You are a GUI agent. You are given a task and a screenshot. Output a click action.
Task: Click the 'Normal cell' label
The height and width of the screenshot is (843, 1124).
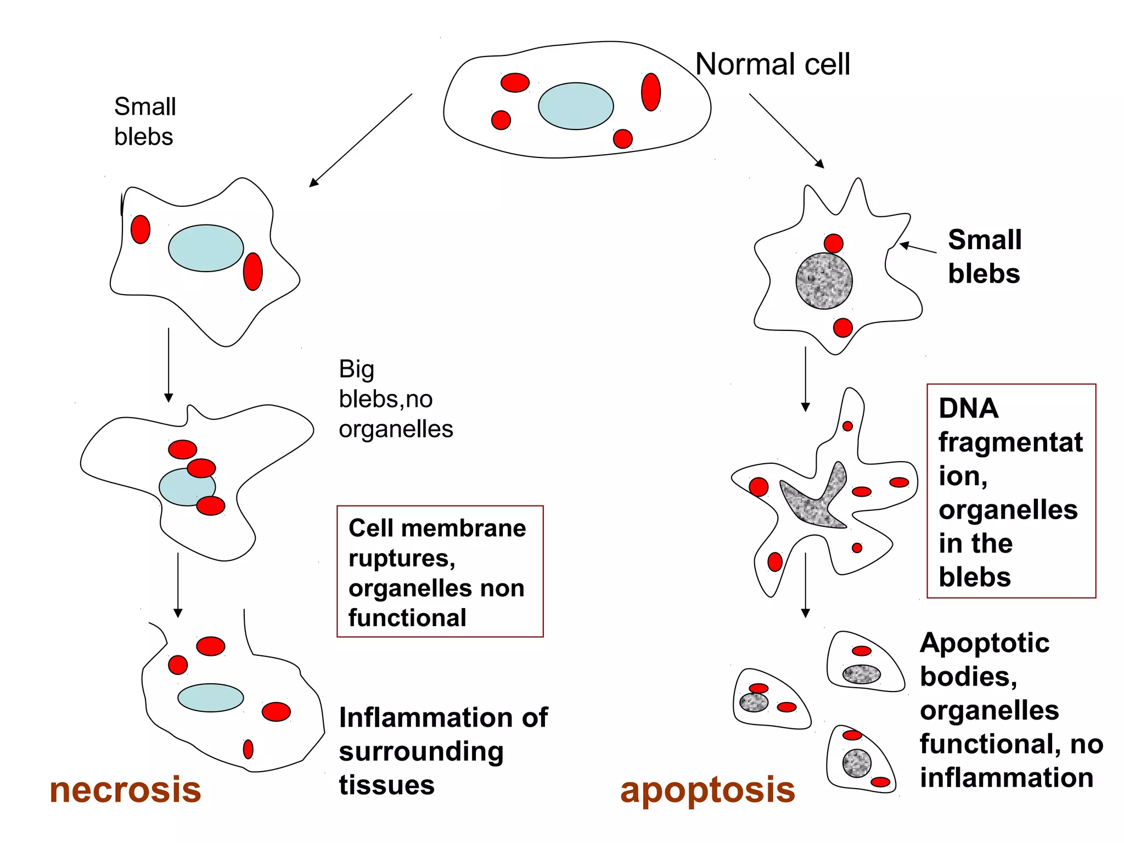772,64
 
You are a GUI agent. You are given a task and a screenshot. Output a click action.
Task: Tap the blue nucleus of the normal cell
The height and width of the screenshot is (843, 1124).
575,106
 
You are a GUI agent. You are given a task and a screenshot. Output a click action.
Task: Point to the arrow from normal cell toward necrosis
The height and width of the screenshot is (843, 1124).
360,140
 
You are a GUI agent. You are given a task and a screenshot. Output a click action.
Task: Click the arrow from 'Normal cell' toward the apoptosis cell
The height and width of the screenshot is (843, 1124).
786,131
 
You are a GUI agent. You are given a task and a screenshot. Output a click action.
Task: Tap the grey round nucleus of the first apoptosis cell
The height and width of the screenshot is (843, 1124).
824,280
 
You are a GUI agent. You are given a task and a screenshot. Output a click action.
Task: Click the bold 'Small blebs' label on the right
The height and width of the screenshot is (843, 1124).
984,256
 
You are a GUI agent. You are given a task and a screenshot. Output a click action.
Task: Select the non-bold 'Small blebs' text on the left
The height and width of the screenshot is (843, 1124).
144,121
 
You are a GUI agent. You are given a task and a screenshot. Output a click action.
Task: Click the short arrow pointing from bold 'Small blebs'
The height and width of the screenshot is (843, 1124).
918,248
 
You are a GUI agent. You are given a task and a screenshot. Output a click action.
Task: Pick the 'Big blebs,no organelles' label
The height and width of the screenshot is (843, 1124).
395,399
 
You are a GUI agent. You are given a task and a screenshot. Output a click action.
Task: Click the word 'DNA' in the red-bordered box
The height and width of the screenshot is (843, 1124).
968,408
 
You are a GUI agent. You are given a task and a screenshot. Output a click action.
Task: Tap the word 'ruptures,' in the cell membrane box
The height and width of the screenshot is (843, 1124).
402,558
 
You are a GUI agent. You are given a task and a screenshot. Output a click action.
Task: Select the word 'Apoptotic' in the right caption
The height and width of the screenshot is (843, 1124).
985,643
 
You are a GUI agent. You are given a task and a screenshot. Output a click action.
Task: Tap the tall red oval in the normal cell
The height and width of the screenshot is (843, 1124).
650,92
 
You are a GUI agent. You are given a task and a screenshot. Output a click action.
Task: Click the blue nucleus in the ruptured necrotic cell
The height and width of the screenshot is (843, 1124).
210,698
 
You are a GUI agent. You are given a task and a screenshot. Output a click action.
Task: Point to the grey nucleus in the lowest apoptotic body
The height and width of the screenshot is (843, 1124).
857,763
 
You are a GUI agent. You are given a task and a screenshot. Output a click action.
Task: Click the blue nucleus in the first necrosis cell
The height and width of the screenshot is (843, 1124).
206,248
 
